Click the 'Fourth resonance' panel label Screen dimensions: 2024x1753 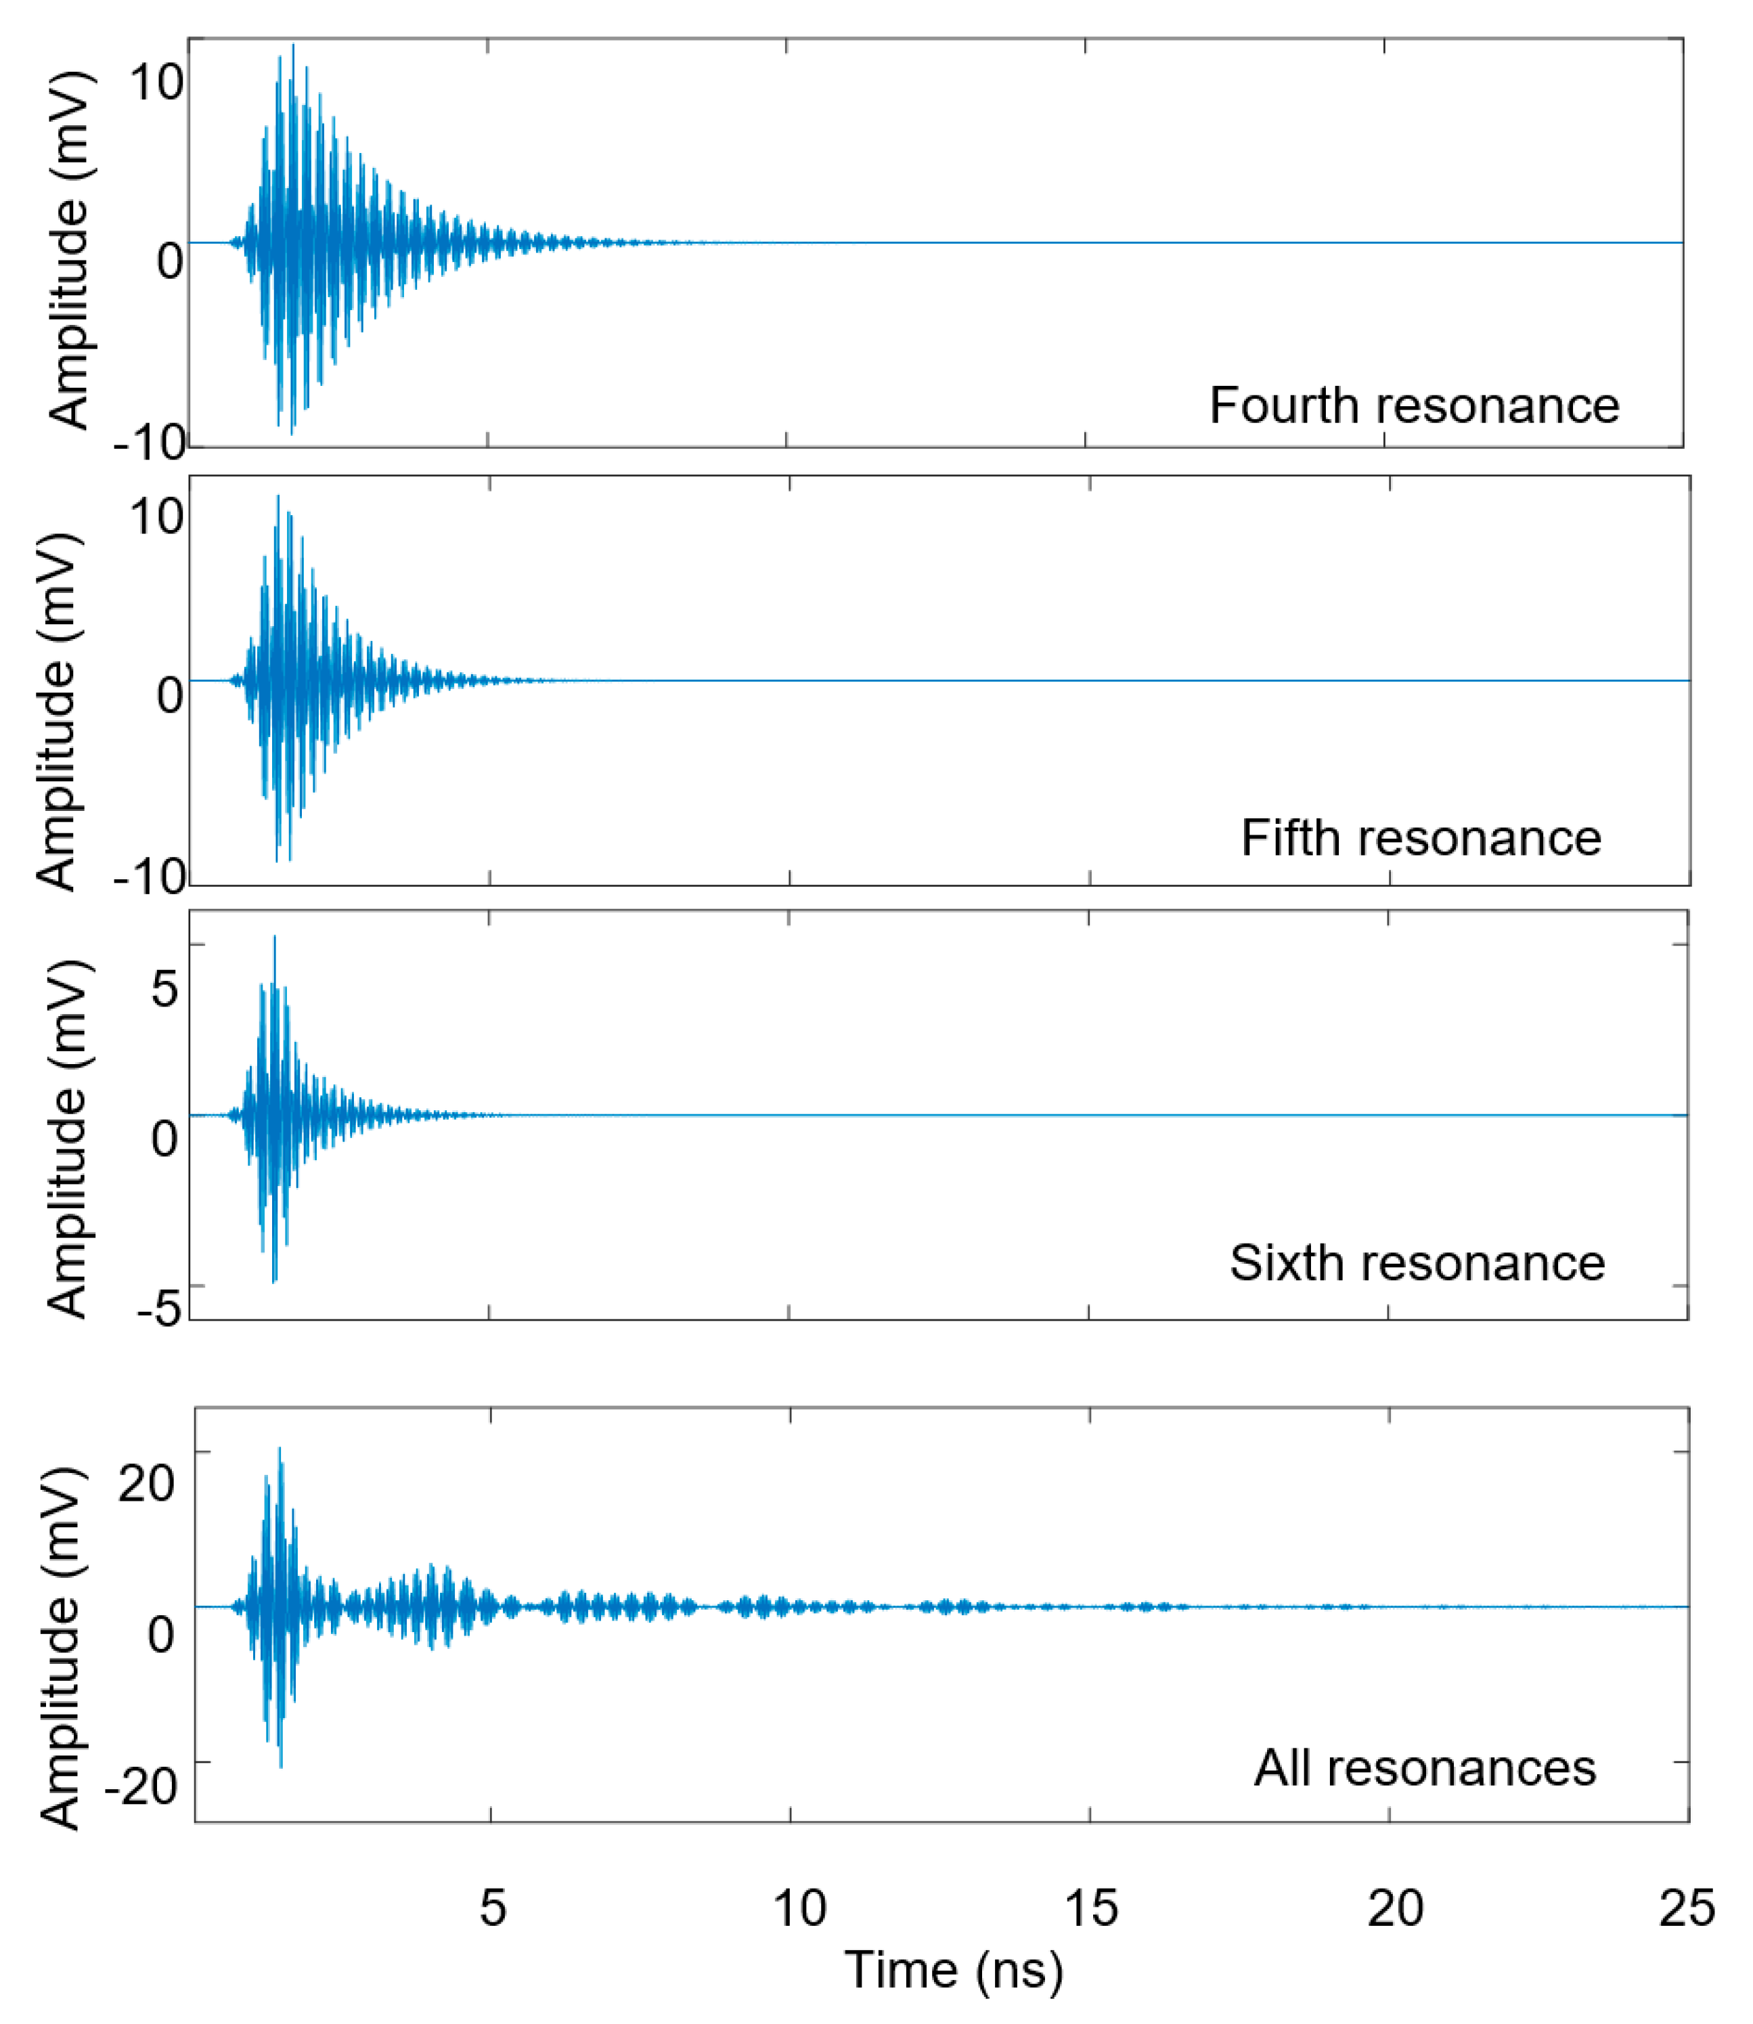pyautogui.click(x=1415, y=405)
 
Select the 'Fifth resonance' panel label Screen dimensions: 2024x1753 pyautogui.click(x=1421, y=838)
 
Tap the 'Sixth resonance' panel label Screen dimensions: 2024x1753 pyautogui.click(x=1417, y=1263)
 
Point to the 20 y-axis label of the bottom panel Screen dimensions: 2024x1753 pyautogui.click(x=147, y=1481)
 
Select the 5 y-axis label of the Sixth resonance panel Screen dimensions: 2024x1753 pyautogui.click(x=164, y=988)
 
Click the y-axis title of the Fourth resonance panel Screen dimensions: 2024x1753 pyautogui.click(x=68, y=250)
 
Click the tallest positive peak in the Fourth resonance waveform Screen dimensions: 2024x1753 pyautogui.click(x=292, y=45)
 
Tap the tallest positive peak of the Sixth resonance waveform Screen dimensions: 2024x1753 pyautogui.click(x=275, y=937)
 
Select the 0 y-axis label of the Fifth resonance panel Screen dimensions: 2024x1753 pyautogui.click(x=169, y=695)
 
